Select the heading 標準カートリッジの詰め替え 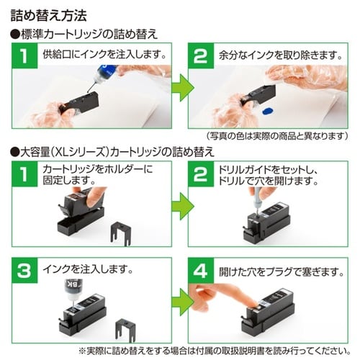point(85,34)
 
